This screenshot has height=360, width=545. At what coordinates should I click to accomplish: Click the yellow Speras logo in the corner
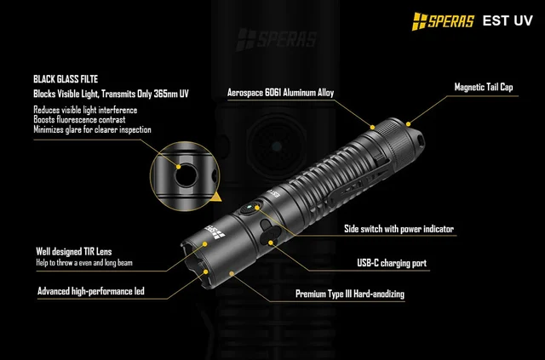pos(443,21)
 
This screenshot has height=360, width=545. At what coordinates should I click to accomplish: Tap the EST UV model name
pos(508,20)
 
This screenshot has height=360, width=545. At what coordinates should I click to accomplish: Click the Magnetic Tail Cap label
pos(484,87)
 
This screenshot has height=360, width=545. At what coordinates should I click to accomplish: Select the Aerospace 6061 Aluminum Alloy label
pos(280,93)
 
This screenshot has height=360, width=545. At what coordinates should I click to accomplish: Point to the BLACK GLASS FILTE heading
pos(66,79)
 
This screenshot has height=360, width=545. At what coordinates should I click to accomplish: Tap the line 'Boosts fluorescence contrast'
pos(79,120)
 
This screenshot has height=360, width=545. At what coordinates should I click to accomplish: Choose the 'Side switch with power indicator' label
pos(399,229)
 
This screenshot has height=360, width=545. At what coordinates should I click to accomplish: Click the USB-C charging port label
pos(392,263)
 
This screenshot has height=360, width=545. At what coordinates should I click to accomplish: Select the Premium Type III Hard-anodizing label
pos(350,294)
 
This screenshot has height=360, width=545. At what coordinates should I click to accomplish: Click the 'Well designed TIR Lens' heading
pos(74,252)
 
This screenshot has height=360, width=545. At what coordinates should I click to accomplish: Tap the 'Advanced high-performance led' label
pos(91,291)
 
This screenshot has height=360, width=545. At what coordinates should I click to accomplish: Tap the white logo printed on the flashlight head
pos(215,232)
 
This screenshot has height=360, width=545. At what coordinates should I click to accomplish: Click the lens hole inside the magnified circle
pos(186,175)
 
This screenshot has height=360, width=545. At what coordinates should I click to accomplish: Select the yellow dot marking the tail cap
pos(408,124)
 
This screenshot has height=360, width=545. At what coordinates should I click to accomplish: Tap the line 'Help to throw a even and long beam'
pos(84,263)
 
